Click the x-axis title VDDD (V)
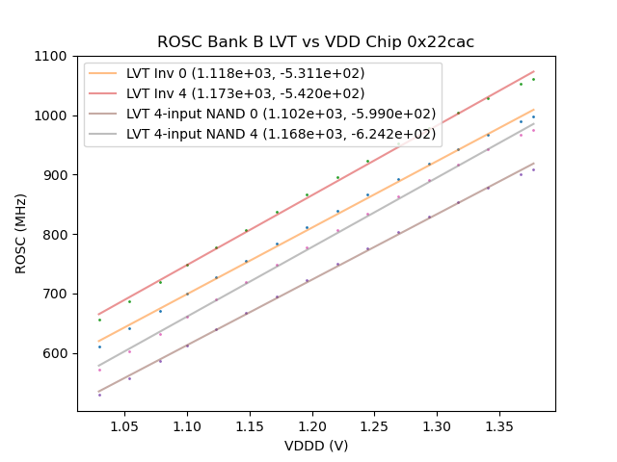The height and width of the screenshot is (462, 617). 316,446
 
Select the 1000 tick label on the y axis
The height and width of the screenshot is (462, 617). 53,115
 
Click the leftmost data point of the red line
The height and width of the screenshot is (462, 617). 99,320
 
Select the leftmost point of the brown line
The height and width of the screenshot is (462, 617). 99,395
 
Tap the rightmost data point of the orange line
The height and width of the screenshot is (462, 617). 533,117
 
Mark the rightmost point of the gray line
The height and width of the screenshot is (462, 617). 533,130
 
